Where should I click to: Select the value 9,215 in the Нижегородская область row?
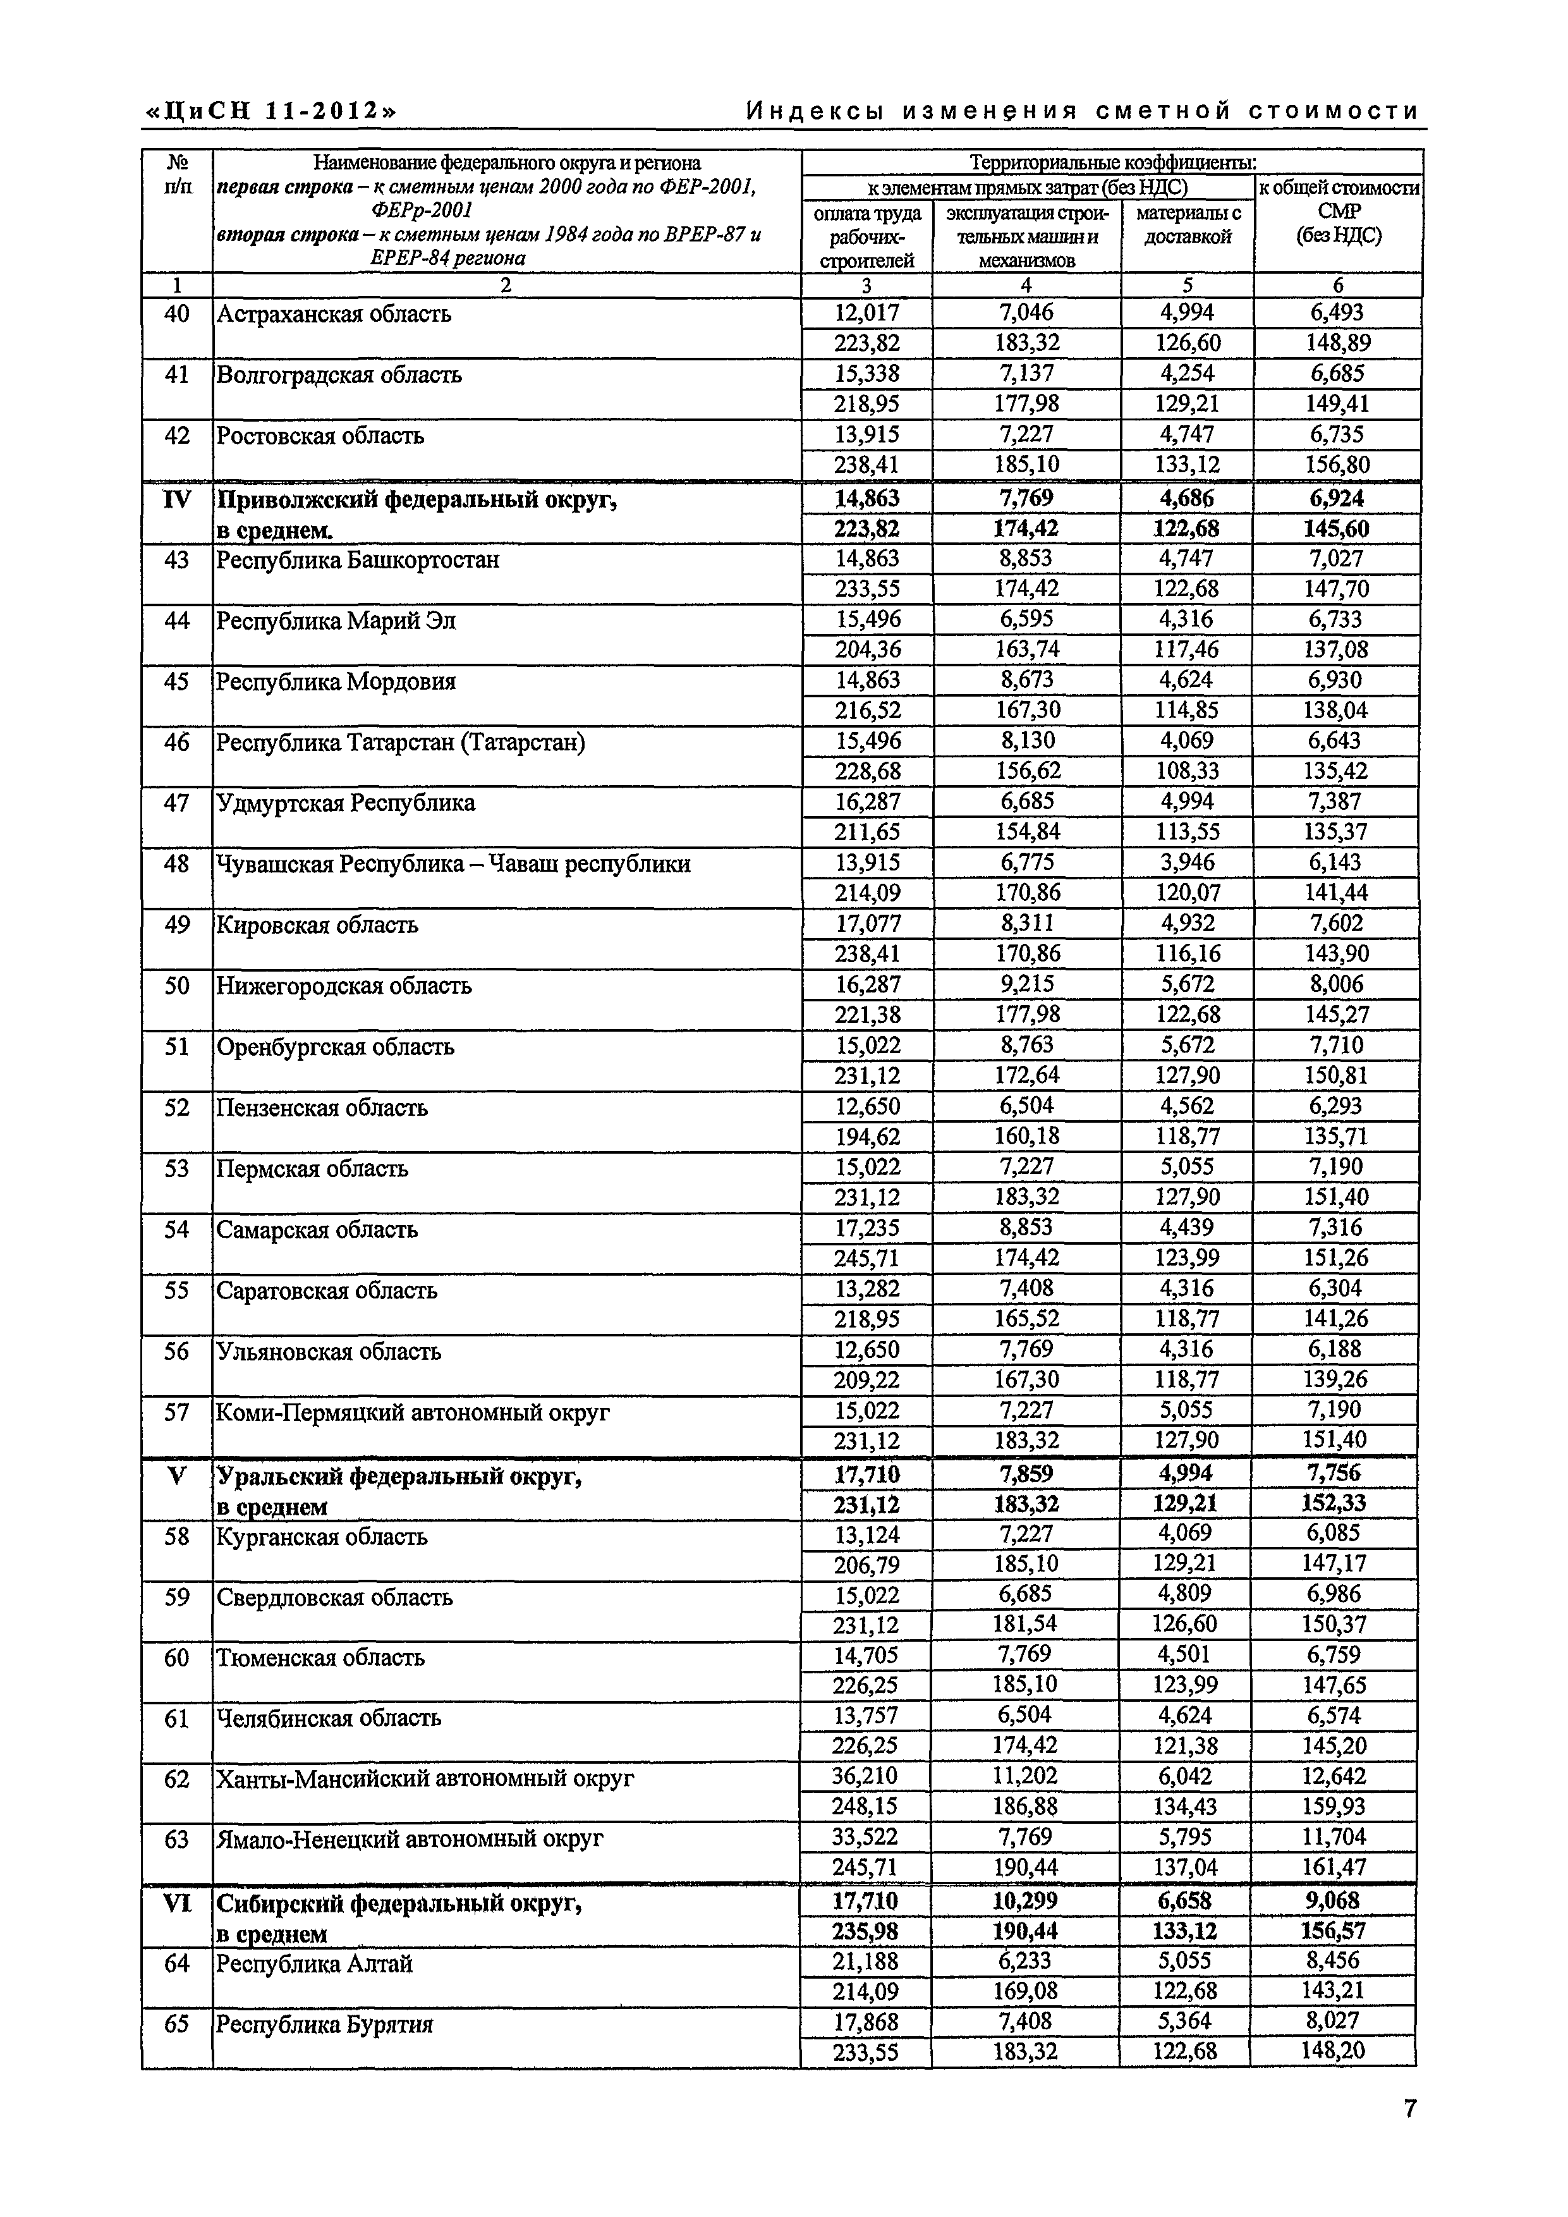click(1026, 984)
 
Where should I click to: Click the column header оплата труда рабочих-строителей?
click(866, 236)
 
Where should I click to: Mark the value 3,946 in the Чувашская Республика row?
click(1188, 862)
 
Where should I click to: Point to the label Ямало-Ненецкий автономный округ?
click(410, 1838)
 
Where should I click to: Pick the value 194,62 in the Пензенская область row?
click(866, 1135)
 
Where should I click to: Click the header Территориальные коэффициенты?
click(1112, 162)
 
